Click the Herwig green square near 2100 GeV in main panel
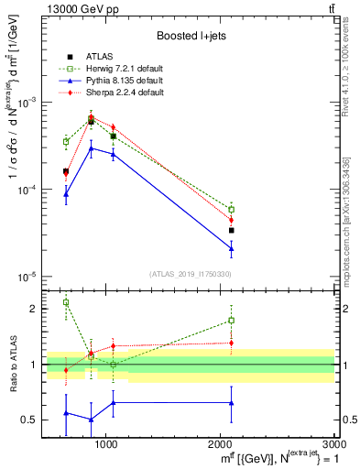point(232,209)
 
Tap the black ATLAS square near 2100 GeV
point(232,230)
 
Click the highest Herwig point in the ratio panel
point(66,302)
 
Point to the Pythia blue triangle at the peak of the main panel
point(91,147)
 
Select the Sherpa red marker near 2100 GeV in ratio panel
point(232,343)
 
